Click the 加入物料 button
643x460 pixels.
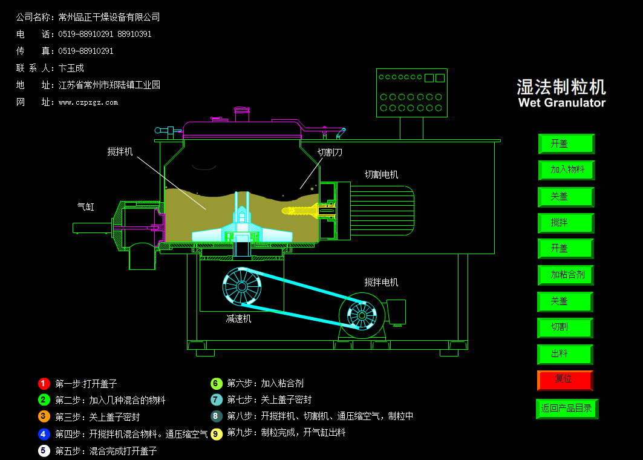[566, 170]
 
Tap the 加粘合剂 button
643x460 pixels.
[566, 275]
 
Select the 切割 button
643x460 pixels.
[565, 327]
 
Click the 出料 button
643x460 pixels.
[565, 354]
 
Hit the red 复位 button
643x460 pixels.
[565, 379]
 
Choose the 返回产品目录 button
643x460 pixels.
[567, 409]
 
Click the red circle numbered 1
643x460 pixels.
[44, 383]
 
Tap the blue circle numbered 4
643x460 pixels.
[44, 434]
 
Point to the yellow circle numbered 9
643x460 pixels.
[217, 433]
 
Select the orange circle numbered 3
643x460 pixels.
[44, 416]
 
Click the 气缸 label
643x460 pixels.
[85, 207]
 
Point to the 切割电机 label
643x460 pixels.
[381, 175]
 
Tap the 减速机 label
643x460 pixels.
[238, 319]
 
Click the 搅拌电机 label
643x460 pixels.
[381, 283]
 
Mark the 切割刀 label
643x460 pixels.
[330, 153]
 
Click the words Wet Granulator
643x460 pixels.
[561, 103]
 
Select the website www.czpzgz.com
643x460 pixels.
[88, 103]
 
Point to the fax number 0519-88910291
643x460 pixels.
[86, 51]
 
